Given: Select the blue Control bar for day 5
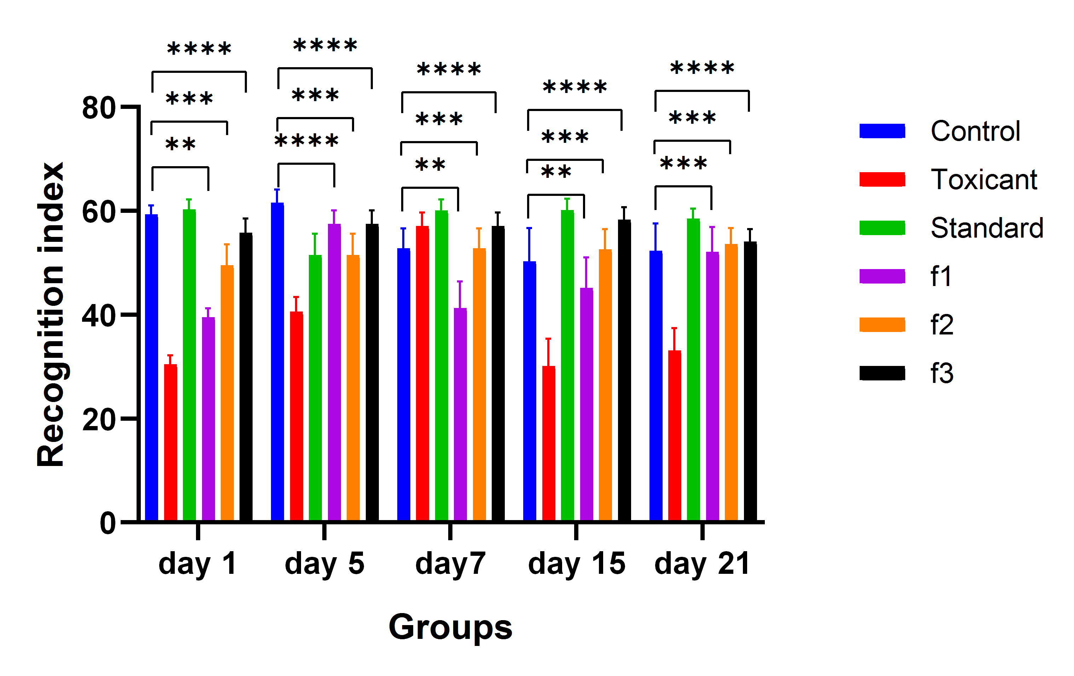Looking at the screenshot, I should (277, 361).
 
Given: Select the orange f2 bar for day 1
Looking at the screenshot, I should (227, 392).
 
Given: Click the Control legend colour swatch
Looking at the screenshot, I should (882, 131).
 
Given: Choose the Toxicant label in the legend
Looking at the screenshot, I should (983, 180).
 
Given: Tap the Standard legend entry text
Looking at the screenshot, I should (987, 228).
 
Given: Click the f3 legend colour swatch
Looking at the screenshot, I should (882, 373).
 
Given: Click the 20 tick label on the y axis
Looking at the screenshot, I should (99, 419).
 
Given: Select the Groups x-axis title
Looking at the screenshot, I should (450, 627).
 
